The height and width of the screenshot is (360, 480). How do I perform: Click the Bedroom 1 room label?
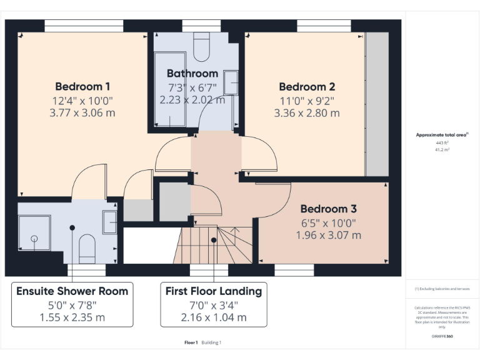[x=82, y=86]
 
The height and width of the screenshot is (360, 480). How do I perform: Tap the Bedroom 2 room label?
[x=307, y=87]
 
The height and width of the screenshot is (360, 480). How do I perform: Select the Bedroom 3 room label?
[x=328, y=209]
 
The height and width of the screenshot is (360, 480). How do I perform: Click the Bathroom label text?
[x=192, y=73]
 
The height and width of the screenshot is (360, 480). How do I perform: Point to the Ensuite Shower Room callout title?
[x=72, y=291]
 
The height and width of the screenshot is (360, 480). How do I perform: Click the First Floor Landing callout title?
[x=213, y=291]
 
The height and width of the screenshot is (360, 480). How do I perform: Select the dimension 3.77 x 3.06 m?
[x=82, y=113]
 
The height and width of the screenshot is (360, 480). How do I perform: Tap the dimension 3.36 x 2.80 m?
[x=307, y=113]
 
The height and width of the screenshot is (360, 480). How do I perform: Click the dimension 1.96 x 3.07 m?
[x=328, y=235]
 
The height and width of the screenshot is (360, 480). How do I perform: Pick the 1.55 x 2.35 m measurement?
[x=72, y=317]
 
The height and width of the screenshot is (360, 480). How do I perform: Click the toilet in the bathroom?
[x=202, y=45]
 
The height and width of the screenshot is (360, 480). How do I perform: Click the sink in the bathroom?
[x=231, y=82]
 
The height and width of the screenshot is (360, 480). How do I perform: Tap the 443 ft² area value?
[x=442, y=142]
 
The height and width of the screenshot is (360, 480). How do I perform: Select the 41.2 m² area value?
[x=442, y=150]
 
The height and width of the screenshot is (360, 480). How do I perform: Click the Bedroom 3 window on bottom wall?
[x=294, y=270]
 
